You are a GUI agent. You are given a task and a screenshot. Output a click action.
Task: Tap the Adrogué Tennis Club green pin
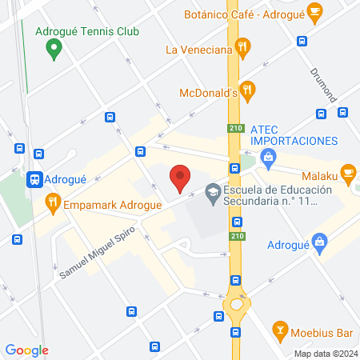point(54,50)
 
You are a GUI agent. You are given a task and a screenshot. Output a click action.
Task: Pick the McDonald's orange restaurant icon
point(249,91)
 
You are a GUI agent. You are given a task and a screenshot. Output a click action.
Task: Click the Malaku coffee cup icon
point(347,173)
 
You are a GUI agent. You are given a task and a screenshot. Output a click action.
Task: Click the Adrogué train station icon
point(34,180)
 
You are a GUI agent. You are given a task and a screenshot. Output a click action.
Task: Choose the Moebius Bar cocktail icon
point(280,329)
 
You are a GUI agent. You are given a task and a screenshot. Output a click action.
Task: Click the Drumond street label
point(324,83)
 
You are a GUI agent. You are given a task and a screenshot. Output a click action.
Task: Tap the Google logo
point(26,350)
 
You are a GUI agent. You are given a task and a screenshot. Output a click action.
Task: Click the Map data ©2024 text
point(324,353)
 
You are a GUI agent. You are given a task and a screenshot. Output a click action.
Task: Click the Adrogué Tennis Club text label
point(88,32)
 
